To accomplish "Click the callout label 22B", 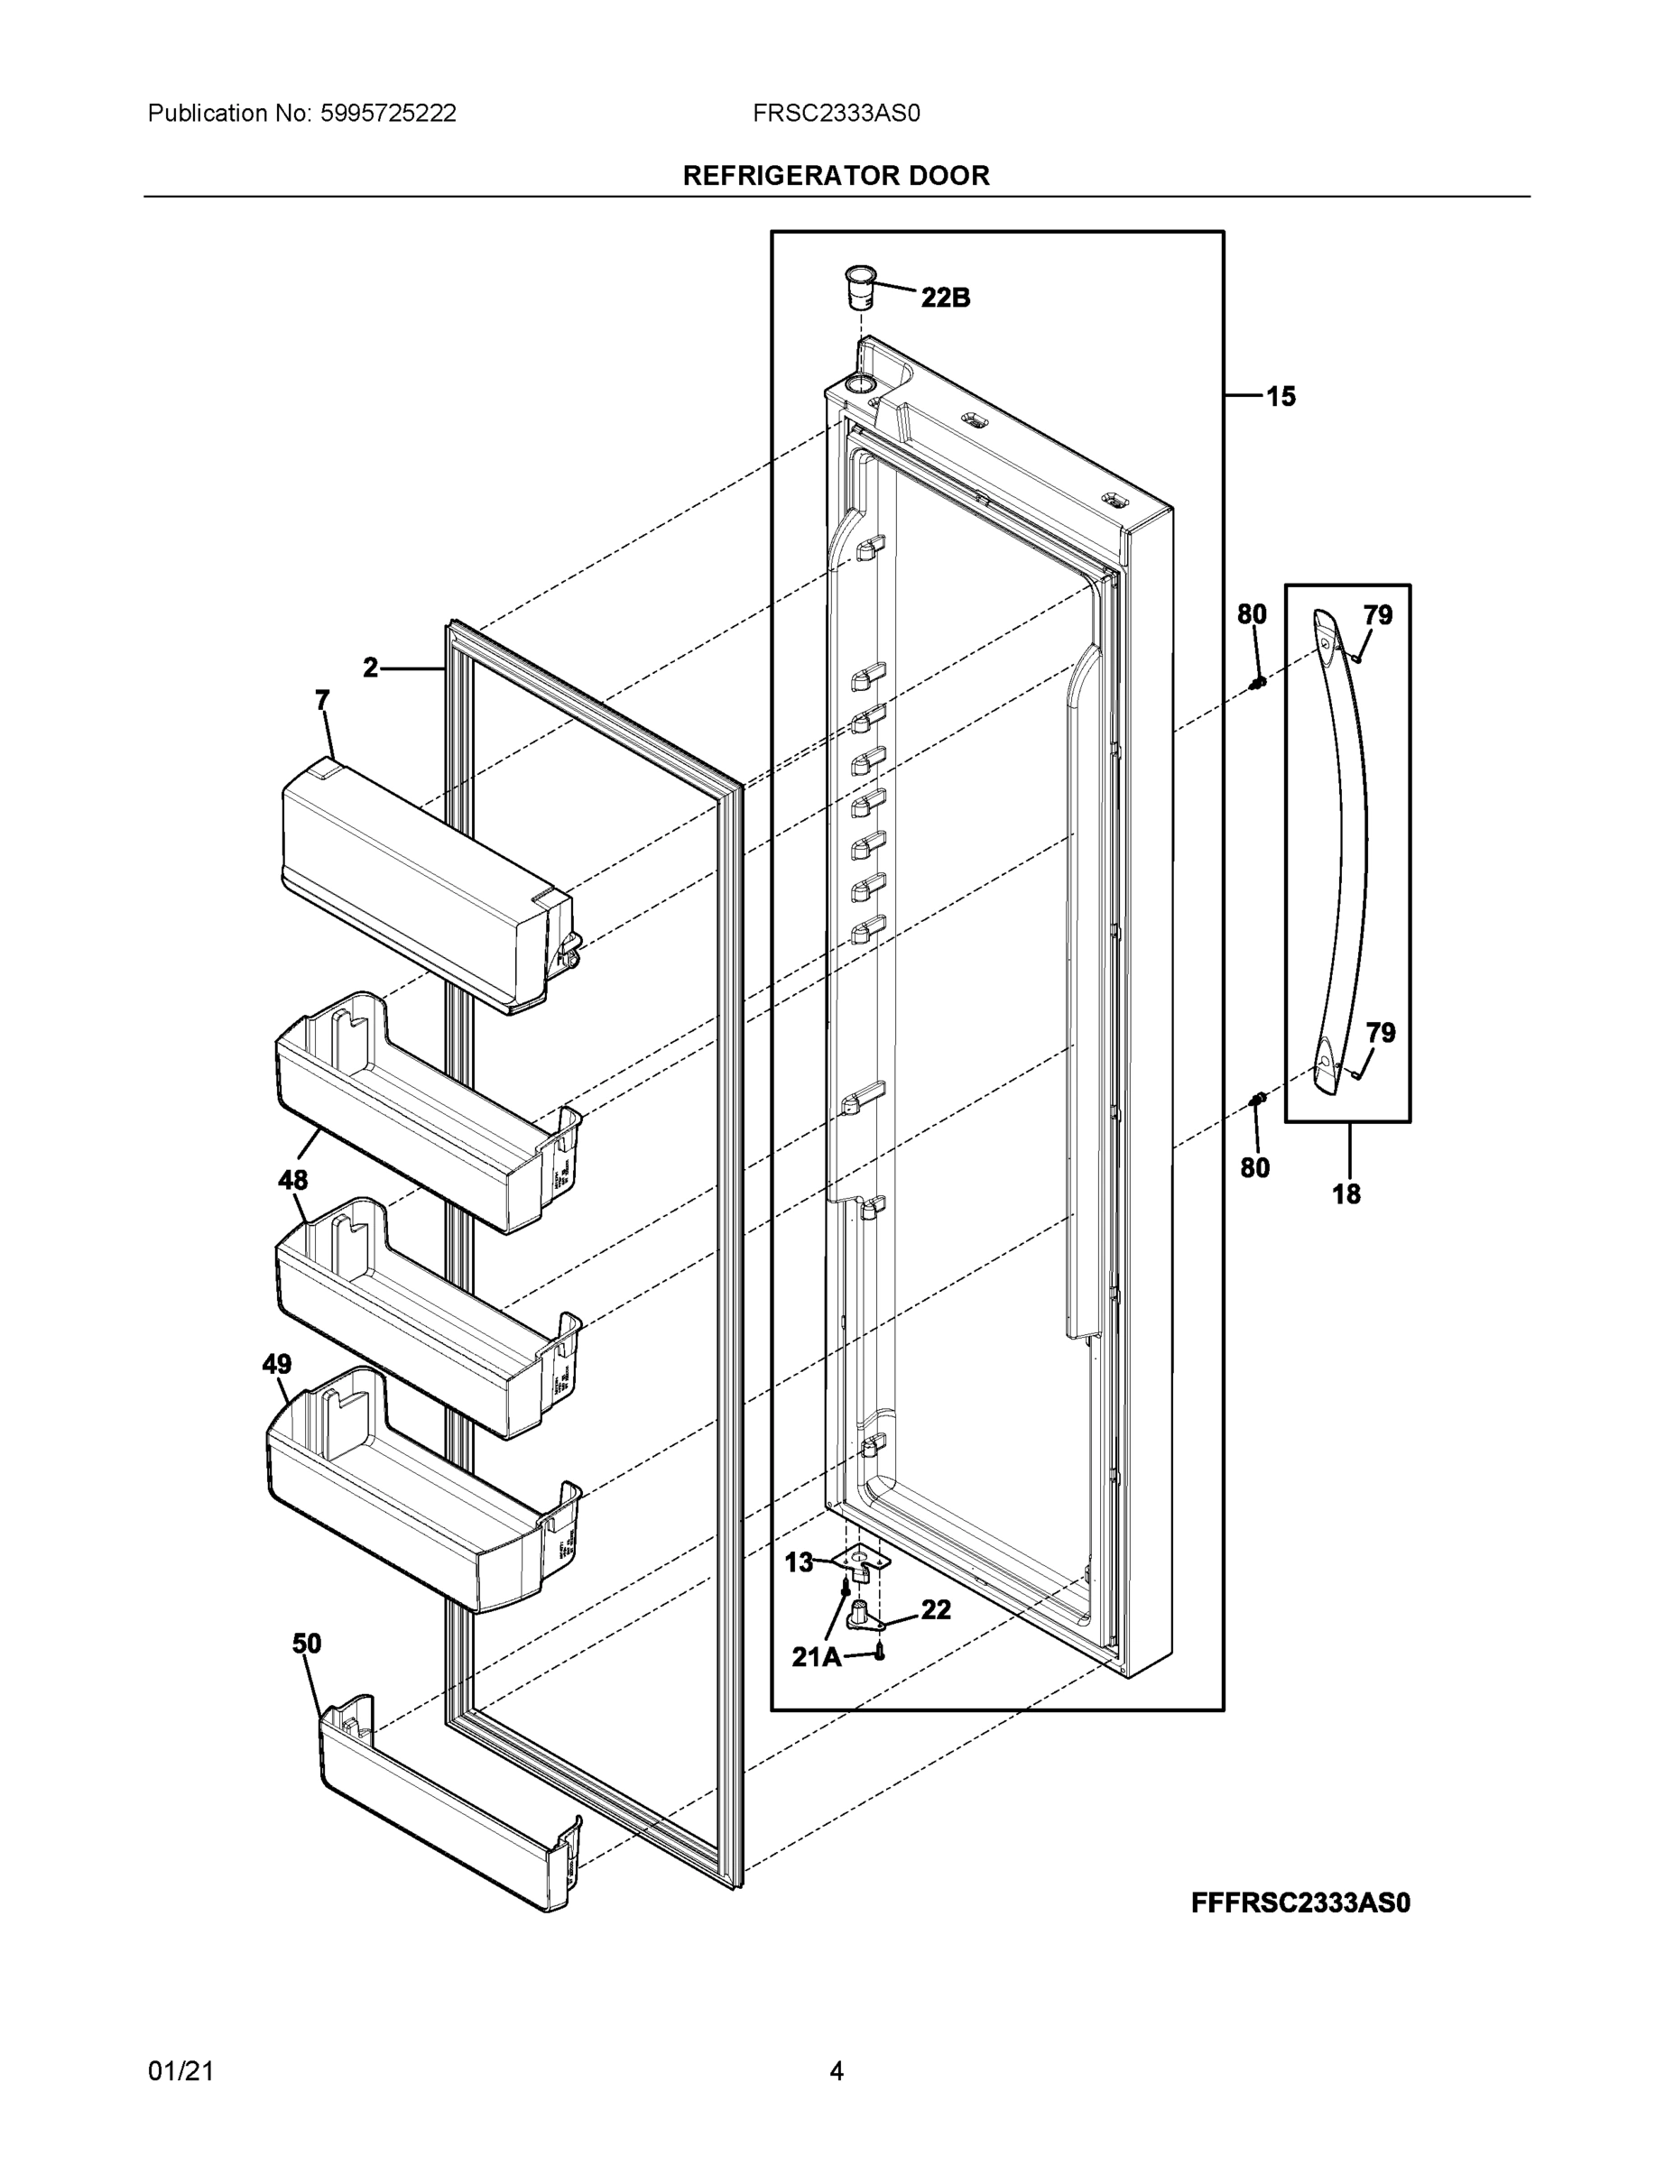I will (x=945, y=298).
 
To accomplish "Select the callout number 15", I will (x=1281, y=397).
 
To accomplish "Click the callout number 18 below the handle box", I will (x=1346, y=1194).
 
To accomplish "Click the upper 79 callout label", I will (x=1377, y=615).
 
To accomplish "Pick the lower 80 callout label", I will (x=1254, y=1168).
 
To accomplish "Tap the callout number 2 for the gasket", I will (x=370, y=668).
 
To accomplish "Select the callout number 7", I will (x=322, y=701).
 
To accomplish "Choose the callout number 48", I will (x=292, y=1180).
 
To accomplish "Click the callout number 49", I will (x=277, y=1364).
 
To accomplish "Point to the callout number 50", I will (x=307, y=1644).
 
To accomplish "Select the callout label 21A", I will (x=816, y=1656).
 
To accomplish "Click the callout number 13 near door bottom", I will (x=799, y=1563).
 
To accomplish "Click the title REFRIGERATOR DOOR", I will (x=836, y=176).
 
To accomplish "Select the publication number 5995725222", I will (x=388, y=113).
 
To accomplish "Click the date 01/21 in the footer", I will (x=180, y=2071).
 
